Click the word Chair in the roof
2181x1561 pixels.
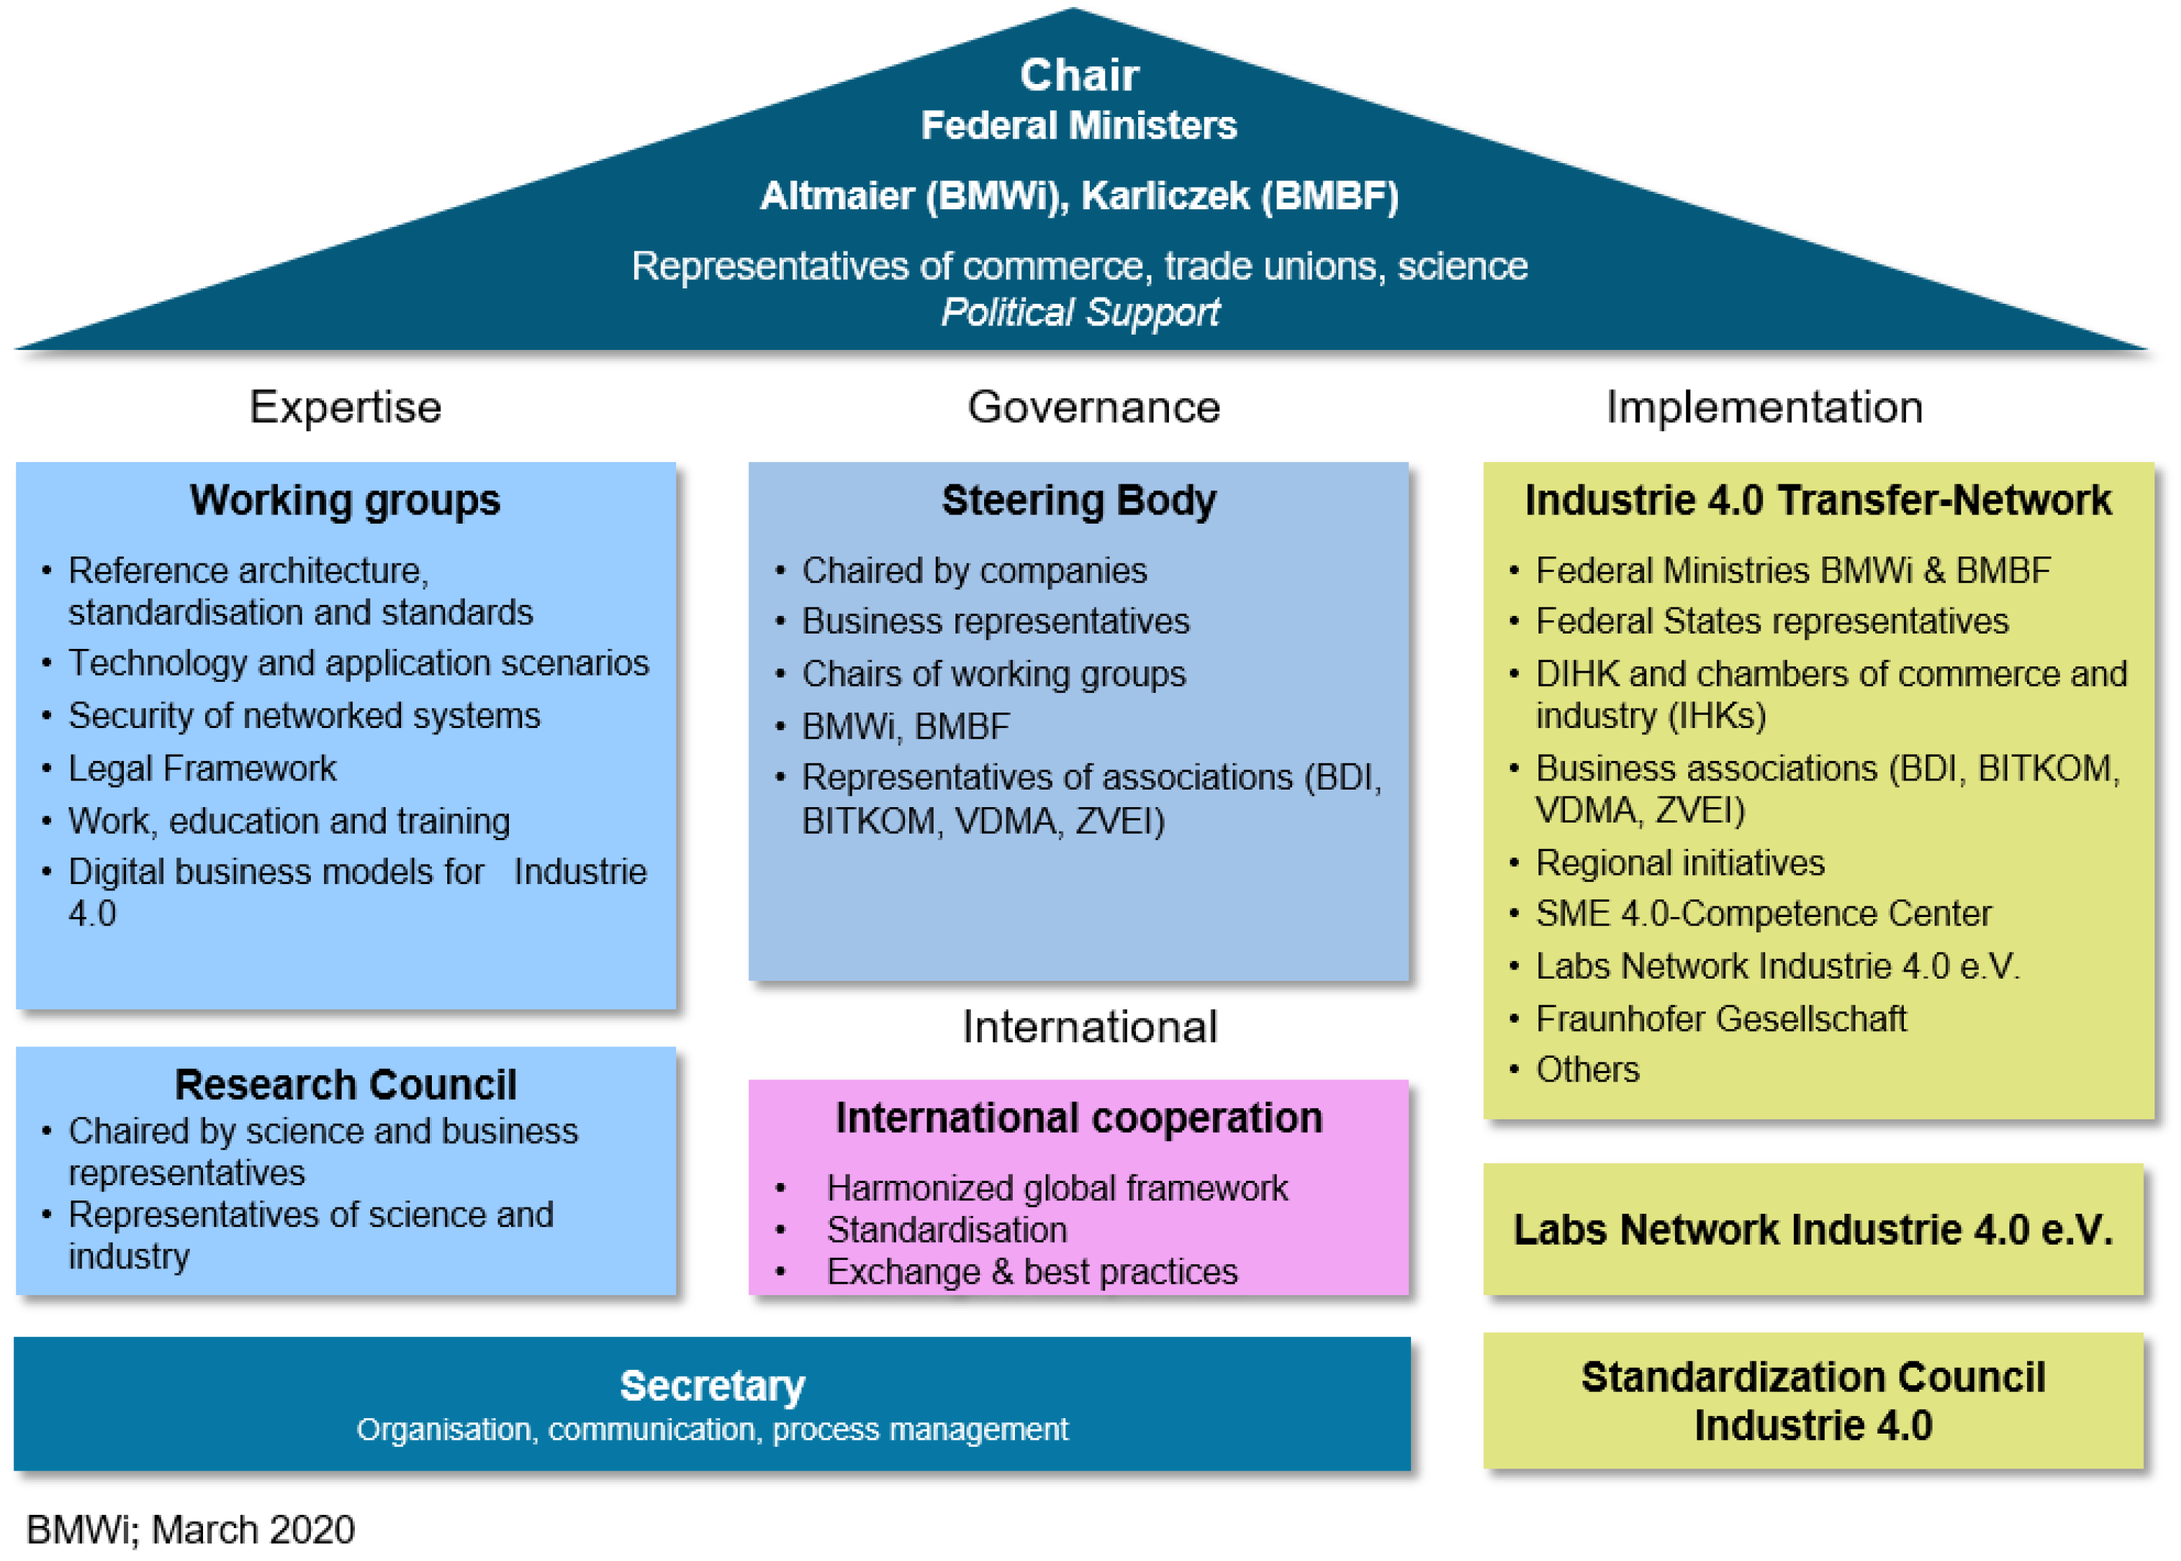(x=1079, y=75)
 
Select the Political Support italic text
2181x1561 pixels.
(x=1079, y=312)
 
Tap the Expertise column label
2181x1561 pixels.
(x=345, y=407)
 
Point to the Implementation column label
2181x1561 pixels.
(x=1764, y=407)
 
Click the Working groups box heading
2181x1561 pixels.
(x=345, y=500)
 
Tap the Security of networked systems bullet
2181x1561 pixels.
(x=304, y=715)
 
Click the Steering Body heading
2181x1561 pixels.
(x=1079, y=500)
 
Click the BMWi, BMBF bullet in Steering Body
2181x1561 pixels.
(x=906, y=726)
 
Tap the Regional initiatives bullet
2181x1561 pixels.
(x=1679, y=862)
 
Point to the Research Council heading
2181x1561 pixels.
(x=345, y=1084)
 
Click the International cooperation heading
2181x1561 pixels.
(x=1079, y=1118)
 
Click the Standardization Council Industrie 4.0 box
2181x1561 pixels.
(x=1813, y=1401)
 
